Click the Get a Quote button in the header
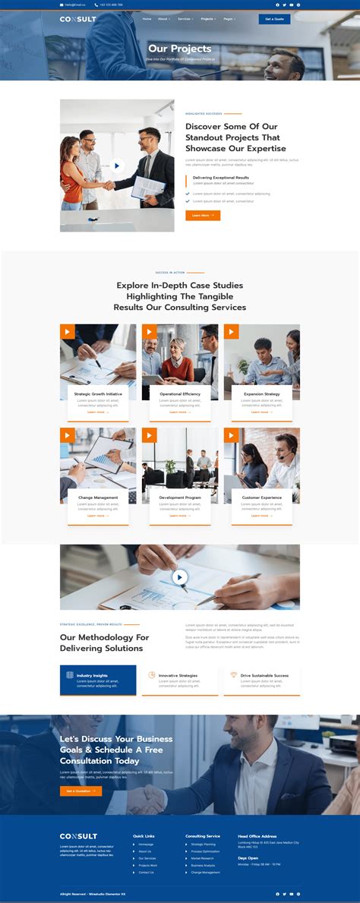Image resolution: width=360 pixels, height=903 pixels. [274, 19]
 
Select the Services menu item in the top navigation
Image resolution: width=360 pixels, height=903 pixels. [185, 19]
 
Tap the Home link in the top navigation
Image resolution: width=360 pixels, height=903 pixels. [142, 19]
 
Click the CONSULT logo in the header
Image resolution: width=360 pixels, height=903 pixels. [78, 19]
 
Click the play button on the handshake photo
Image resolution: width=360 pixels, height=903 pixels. [117, 166]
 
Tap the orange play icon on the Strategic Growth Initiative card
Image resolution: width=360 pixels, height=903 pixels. [68, 332]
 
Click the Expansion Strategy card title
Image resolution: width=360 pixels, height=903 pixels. [261, 394]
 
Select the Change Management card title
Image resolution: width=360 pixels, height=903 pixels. [98, 497]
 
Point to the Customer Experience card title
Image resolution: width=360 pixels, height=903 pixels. [261, 497]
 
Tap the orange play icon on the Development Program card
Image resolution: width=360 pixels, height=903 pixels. [150, 435]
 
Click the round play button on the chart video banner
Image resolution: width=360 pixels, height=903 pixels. [180, 577]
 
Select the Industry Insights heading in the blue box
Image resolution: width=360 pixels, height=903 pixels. [92, 675]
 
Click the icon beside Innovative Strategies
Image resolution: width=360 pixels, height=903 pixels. [152, 675]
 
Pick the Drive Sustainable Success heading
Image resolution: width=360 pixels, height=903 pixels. [264, 675]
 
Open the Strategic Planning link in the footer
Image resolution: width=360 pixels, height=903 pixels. [203, 844]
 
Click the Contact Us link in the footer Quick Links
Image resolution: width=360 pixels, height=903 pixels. [146, 872]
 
